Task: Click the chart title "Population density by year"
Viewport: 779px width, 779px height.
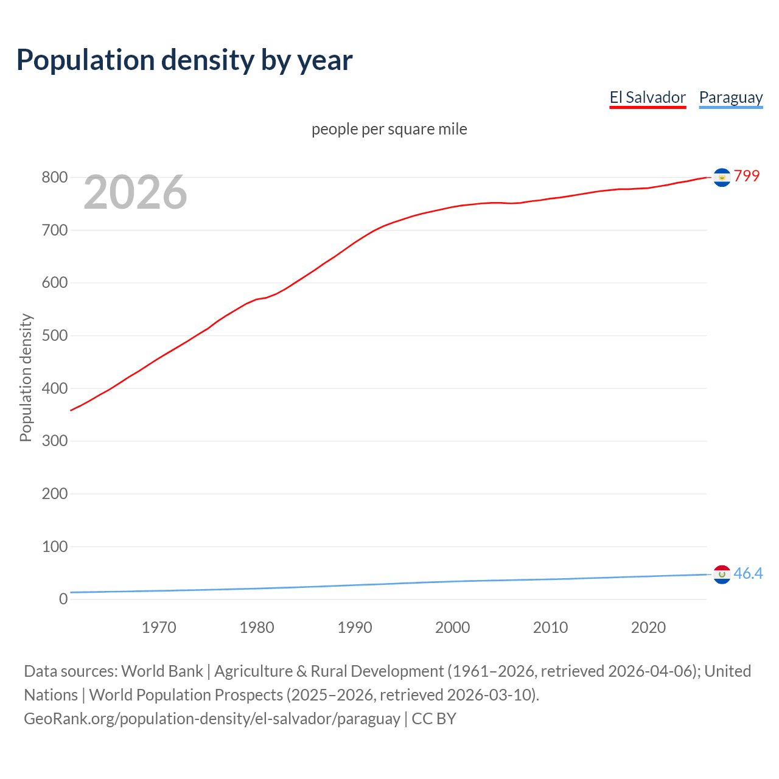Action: coord(184,60)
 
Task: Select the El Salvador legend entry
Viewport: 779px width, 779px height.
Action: coord(648,97)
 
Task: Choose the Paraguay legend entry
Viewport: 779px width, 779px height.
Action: coord(730,97)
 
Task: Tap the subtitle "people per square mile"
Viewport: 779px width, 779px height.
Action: coord(389,129)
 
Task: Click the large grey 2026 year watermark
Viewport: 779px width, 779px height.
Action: coord(135,192)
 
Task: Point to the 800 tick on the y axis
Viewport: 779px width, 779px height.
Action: coord(54,178)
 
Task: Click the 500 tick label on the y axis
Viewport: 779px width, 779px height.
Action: coord(54,336)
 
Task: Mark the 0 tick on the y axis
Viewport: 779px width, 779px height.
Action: coord(63,599)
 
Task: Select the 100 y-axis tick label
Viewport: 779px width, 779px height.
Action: coord(54,547)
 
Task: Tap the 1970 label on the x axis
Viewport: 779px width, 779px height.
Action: coord(159,627)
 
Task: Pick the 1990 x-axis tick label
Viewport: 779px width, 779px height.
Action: coord(355,627)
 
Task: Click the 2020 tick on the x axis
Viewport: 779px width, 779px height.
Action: coord(648,627)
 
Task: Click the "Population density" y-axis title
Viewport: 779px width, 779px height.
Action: coord(26,377)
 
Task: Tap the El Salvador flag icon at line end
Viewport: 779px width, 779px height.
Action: coord(722,177)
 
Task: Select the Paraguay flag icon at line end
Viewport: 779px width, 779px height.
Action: coord(722,574)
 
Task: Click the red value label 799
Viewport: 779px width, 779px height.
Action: coord(747,176)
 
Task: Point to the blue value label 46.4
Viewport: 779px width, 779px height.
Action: coord(748,573)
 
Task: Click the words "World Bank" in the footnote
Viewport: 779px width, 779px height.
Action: coord(162,671)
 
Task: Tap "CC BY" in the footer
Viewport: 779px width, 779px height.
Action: coord(434,719)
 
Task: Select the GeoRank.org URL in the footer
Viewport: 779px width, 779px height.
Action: coord(212,719)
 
